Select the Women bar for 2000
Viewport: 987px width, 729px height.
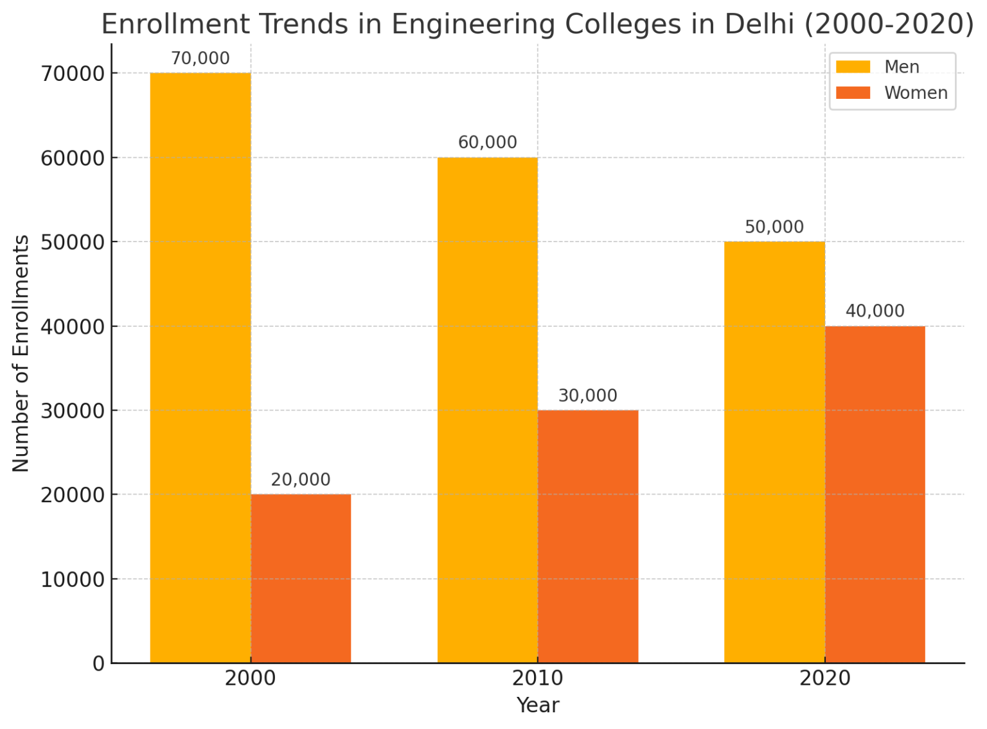pyautogui.click(x=301, y=578)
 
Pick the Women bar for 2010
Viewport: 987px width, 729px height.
pyautogui.click(x=588, y=536)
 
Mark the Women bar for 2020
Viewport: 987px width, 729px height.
pyautogui.click(x=875, y=494)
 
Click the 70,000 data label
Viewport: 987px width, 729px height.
pyautogui.click(x=200, y=58)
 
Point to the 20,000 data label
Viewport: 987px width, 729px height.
pyautogui.click(x=301, y=480)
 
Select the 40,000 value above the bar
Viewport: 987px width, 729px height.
pyautogui.click(x=875, y=311)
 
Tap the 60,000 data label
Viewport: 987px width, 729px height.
pyautogui.click(x=488, y=143)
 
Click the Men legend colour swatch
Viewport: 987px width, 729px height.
pyautogui.click(x=853, y=67)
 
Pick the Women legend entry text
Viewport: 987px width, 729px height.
pyautogui.click(x=916, y=93)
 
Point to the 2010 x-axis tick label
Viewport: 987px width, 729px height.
pyautogui.click(x=538, y=678)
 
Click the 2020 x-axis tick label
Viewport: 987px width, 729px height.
pyautogui.click(x=825, y=678)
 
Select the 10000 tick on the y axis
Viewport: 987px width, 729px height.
pyautogui.click(x=73, y=579)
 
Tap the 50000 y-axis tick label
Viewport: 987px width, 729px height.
pyautogui.click(x=73, y=242)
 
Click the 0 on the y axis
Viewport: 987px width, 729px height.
pyautogui.click(x=98, y=663)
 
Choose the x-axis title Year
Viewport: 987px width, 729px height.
pyautogui.click(x=538, y=705)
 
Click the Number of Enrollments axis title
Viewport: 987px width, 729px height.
pyautogui.click(x=21, y=353)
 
